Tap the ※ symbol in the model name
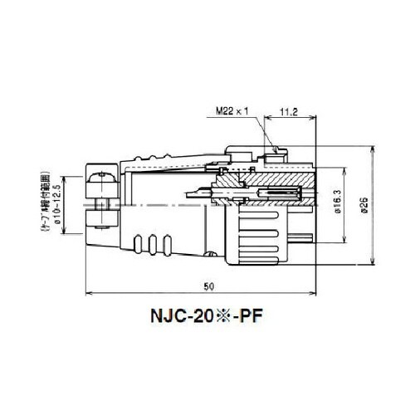click(x=218, y=317)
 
